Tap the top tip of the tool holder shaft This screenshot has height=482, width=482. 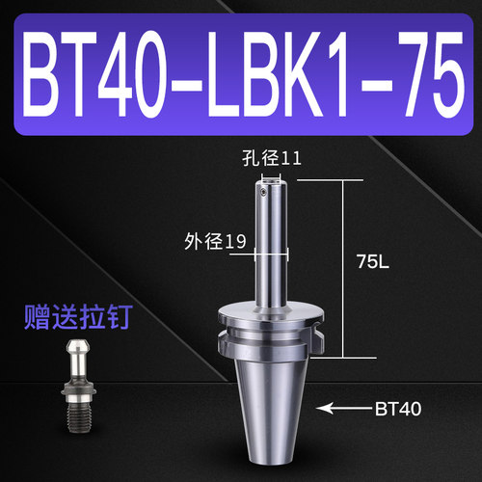coord(271,176)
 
